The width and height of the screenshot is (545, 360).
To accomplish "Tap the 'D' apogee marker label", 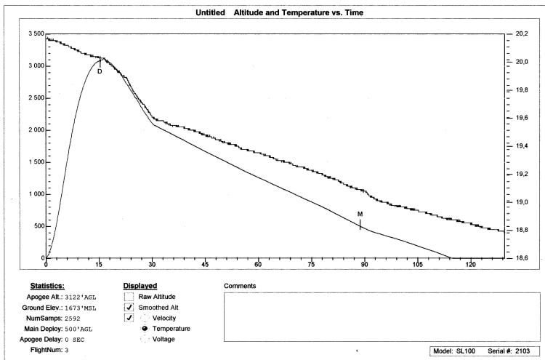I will pyautogui.click(x=100, y=71).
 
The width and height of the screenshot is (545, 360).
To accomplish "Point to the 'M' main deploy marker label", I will pyautogui.click(x=360, y=214).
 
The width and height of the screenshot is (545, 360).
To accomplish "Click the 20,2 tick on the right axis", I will pyautogui.click(x=520, y=34).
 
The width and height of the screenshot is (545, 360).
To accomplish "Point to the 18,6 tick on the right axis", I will pyautogui.click(x=520, y=258).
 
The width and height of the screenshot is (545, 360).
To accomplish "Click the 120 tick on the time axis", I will pyautogui.click(x=470, y=265).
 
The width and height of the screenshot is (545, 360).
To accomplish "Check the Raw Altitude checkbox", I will pyautogui.click(x=129, y=297).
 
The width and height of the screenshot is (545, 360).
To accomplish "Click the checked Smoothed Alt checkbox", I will pyautogui.click(x=129, y=307).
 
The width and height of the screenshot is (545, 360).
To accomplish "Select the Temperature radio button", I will pyautogui.click(x=145, y=329).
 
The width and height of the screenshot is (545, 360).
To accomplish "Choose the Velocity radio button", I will pyautogui.click(x=145, y=318).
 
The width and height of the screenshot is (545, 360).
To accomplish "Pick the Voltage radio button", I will pyautogui.click(x=145, y=339).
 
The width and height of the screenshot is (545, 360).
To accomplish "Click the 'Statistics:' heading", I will pyautogui.click(x=49, y=286).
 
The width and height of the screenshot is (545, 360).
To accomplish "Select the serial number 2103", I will pyautogui.click(x=522, y=351).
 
